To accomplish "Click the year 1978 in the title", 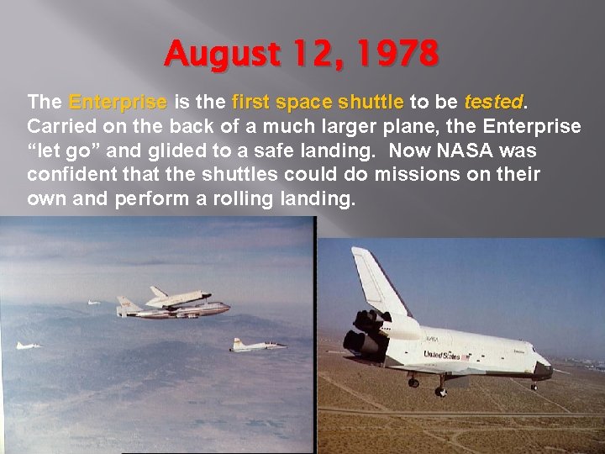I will tap(396, 55).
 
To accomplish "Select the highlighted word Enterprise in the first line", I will tap(118, 103).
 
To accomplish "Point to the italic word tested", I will tap(493, 103).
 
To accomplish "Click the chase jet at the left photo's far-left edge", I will tap(27, 345).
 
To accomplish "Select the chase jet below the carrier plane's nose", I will tap(257, 344).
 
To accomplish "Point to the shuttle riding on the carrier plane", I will tap(179, 296).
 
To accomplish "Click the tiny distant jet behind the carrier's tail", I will tap(93, 302).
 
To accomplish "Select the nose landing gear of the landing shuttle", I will tap(534, 383).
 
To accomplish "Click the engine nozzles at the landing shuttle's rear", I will tap(356, 345).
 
